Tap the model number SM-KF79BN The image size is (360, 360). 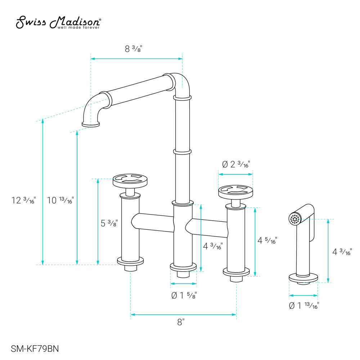(35, 348)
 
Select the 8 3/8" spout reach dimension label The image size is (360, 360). (134, 49)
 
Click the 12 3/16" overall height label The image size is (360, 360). (24, 201)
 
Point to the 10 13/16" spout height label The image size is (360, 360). (60, 201)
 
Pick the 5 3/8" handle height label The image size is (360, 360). (109, 224)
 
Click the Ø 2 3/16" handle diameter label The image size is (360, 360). (236, 165)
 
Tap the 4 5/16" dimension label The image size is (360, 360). (267, 240)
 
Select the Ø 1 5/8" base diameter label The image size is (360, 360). (184, 296)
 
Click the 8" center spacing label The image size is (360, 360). (181, 323)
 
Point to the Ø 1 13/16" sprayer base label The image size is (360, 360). (304, 306)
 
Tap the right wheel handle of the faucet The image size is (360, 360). (235, 191)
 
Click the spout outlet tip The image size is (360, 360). (91, 124)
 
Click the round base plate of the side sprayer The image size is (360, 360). (303, 277)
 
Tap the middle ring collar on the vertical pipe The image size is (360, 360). (182, 152)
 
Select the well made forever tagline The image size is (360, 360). (78, 27)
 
